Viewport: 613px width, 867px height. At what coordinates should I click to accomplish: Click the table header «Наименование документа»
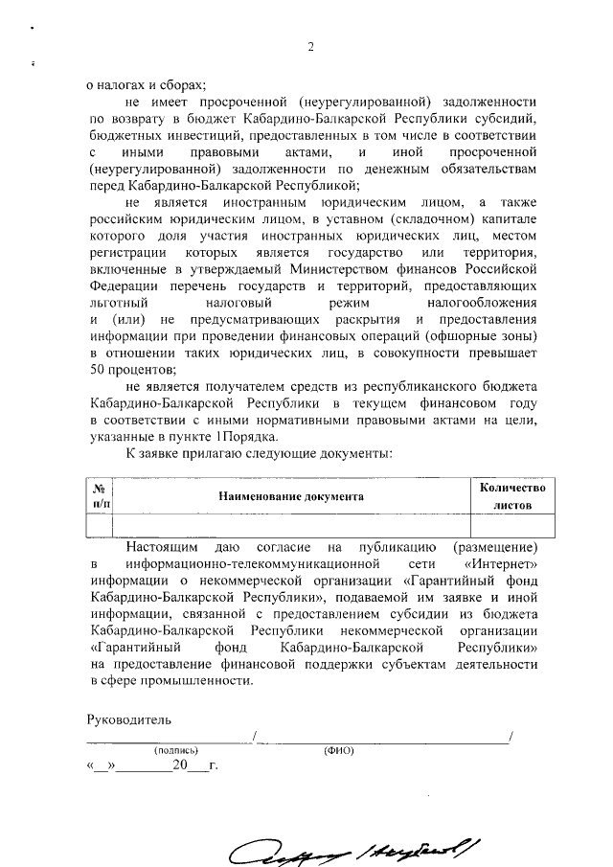point(291,498)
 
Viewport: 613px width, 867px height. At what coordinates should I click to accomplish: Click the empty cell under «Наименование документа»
point(291,526)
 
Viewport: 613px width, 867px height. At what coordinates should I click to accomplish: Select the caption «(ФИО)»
point(340,751)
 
